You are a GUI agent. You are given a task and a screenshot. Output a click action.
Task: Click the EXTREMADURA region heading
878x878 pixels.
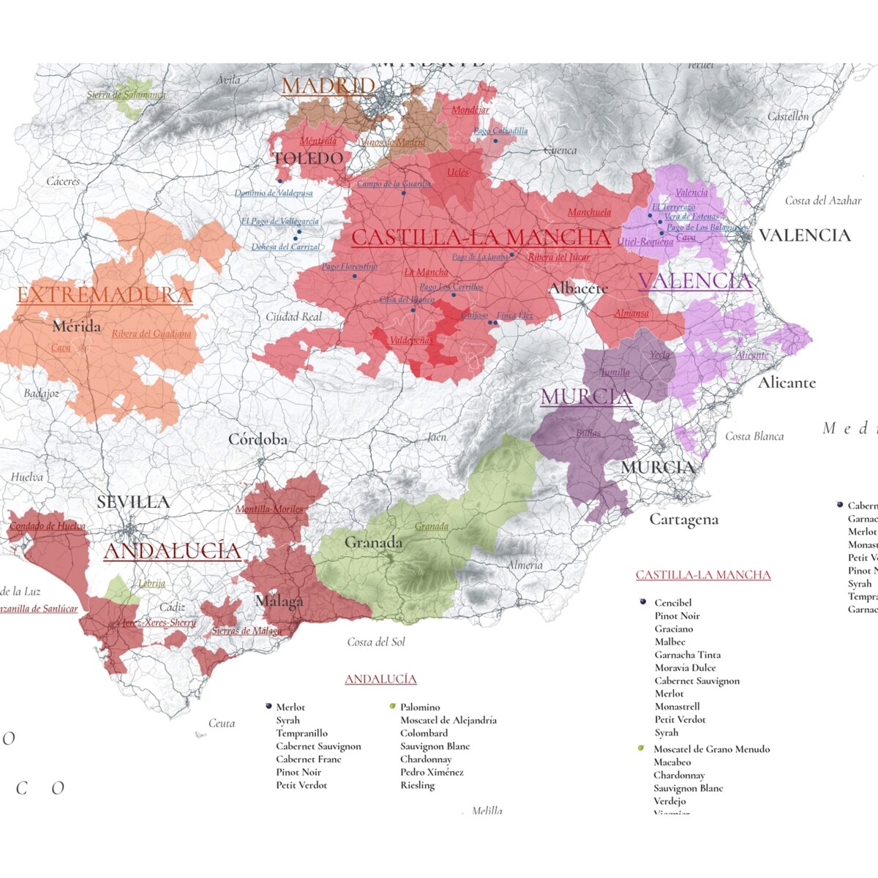coord(105,295)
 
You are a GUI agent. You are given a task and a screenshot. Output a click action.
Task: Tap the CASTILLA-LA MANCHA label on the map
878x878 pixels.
coord(481,237)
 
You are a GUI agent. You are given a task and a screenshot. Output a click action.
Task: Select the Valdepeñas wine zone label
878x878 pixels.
coord(410,340)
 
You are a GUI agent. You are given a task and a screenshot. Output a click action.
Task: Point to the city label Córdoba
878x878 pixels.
coord(258,440)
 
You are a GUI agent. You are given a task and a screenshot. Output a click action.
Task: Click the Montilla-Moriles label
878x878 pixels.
coord(269,509)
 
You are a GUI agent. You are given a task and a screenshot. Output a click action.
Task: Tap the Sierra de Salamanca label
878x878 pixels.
coord(126,95)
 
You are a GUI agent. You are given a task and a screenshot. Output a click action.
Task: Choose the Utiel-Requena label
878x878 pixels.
coord(645,241)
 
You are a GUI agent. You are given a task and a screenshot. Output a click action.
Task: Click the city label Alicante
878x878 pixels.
coord(787,383)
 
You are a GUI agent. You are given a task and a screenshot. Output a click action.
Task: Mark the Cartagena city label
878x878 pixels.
coord(683,519)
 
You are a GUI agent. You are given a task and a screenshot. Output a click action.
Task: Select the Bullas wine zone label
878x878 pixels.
coord(588,433)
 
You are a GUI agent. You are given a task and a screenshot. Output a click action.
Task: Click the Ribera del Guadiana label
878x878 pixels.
coord(151,334)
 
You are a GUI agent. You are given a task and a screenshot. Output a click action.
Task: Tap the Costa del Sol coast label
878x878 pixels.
coord(375,642)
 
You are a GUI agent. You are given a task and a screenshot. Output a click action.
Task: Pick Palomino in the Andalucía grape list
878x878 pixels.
coord(420,707)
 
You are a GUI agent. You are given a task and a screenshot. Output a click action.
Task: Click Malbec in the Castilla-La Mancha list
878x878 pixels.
coord(669,642)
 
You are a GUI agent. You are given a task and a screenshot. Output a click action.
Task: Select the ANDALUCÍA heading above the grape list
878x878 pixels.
coord(380,679)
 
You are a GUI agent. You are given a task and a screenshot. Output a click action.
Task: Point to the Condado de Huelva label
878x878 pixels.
coord(48,525)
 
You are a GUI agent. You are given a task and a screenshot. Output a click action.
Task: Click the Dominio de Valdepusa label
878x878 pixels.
coord(274,193)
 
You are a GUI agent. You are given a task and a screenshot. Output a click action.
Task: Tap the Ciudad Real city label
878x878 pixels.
coord(293,317)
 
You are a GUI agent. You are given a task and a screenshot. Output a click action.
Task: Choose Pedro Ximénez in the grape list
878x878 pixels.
coord(432,772)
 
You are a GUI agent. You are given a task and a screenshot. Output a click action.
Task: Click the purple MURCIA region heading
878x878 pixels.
coord(586,397)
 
